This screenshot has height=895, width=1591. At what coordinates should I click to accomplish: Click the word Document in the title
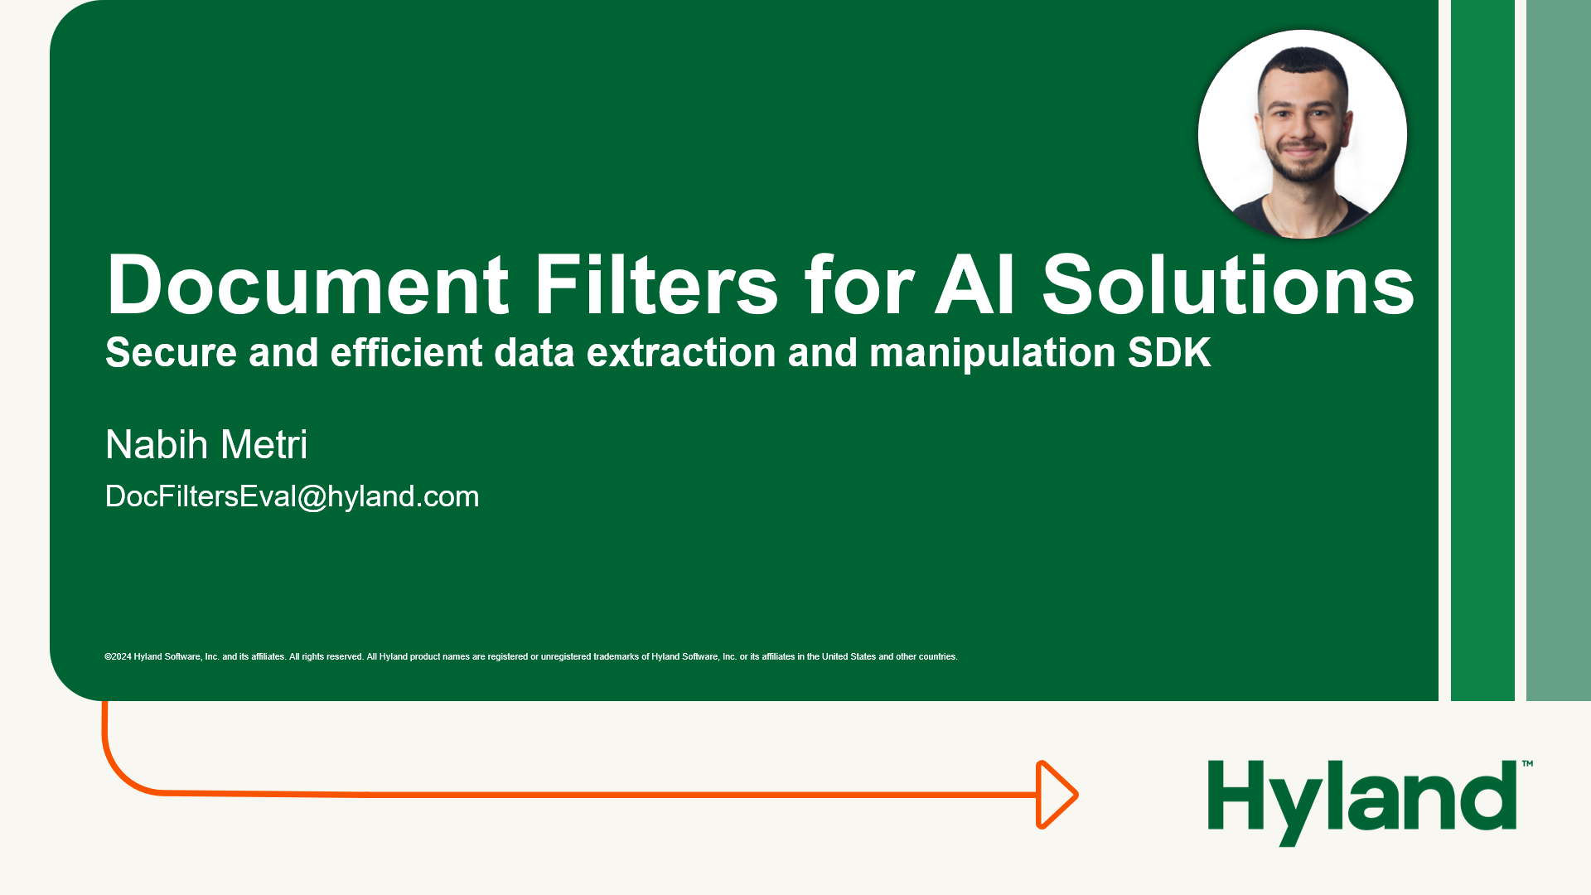tap(307, 285)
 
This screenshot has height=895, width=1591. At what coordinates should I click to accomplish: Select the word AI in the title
tap(974, 285)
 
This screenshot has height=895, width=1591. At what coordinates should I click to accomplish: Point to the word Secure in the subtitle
tap(171, 353)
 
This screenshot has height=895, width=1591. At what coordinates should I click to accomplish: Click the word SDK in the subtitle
tap(1169, 353)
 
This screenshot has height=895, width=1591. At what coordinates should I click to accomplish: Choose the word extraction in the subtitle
tap(680, 353)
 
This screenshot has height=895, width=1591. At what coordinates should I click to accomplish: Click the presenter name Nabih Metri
tap(206, 445)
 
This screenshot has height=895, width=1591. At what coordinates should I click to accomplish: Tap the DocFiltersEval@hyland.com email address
tap(292, 496)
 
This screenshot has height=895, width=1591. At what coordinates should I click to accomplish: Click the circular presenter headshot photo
tap(1302, 135)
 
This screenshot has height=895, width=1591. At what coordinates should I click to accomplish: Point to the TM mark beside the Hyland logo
tap(1527, 763)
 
